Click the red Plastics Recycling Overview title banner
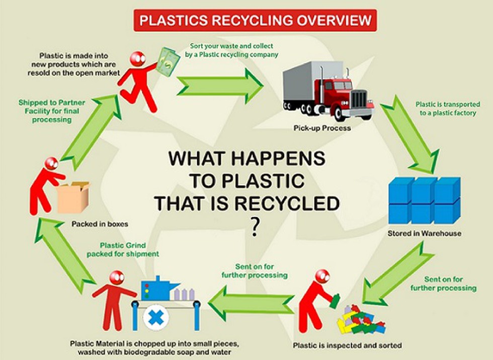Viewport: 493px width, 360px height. (x=255, y=21)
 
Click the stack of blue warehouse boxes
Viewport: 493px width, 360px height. (x=425, y=200)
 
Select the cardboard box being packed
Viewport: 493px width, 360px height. (x=73, y=197)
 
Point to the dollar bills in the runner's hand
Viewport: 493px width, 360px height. (x=168, y=61)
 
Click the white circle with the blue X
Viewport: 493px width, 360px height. (x=155, y=317)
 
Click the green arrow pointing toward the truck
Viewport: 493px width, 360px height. (x=220, y=86)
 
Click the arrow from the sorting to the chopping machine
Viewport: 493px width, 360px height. (x=252, y=303)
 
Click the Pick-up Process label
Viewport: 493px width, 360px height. (x=322, y=128)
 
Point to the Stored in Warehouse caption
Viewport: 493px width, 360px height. (x=425, y=233)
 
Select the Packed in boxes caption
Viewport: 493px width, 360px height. (x=100, y=224)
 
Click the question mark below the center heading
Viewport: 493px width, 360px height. (x=255, y=227)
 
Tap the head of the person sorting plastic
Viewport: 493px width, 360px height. (x=322, y=277)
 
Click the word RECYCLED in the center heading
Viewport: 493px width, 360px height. (x=287, y=203)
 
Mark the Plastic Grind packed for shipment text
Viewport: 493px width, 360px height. (x=123, y=250)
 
